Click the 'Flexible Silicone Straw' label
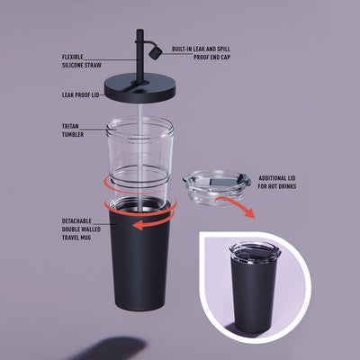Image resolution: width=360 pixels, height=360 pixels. pyautogui.click(x=82, y=61)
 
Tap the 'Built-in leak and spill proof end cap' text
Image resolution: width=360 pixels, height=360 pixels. pyautogui.click(x=201, y=53)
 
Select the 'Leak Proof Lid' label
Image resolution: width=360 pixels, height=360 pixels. pyautogui.click(x=80, y=95)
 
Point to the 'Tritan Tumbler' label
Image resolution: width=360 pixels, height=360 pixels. pyautogui.click(x=73, y=130)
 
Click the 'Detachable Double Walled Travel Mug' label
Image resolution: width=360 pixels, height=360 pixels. pyautogui.click(x=81, y=229)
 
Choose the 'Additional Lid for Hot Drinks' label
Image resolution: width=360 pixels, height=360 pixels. pyautogui.click(x=277, y=182)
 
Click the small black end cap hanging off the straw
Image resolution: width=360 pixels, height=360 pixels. pyautogui.click(x=156, y=53)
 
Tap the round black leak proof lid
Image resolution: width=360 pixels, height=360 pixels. pyautogui.click(x=140, y=87)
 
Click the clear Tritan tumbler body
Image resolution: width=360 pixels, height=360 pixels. pyautogui.click(x=139, y=156)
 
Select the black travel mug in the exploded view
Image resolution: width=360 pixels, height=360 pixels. pyautogui.click(x=139, y=255)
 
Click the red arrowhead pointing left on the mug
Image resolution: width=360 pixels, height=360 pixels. pyautogui.click(x=139, y=225)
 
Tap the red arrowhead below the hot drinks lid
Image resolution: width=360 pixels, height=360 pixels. pyautogui.click(x=249, y=213)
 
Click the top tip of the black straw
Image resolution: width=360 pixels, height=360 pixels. pyautogui.click(x=139, y=30)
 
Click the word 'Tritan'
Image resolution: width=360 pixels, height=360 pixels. pyautogui.click(x=70, y=127)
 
